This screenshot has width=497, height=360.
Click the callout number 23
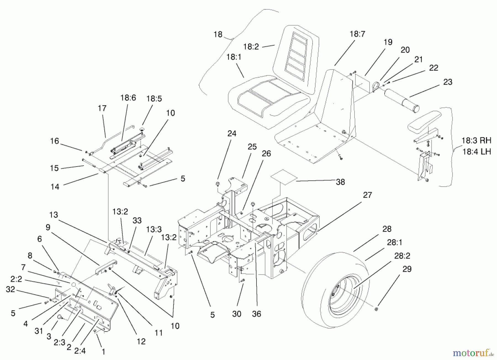(448, 82)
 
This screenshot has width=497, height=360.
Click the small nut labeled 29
(377, 308)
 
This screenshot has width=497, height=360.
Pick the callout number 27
(367, 195)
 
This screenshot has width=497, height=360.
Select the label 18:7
(357, 34)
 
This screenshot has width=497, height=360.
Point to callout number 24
(232, 134)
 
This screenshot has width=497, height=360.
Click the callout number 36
(256, 314)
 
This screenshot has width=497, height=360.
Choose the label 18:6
(128, 98)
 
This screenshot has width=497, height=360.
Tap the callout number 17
(102, 108)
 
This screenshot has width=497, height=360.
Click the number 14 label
(55, 187)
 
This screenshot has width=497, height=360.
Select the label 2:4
(80, 351)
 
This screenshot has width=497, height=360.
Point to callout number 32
(10, 289)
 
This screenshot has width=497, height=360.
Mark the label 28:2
(402, 256)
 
